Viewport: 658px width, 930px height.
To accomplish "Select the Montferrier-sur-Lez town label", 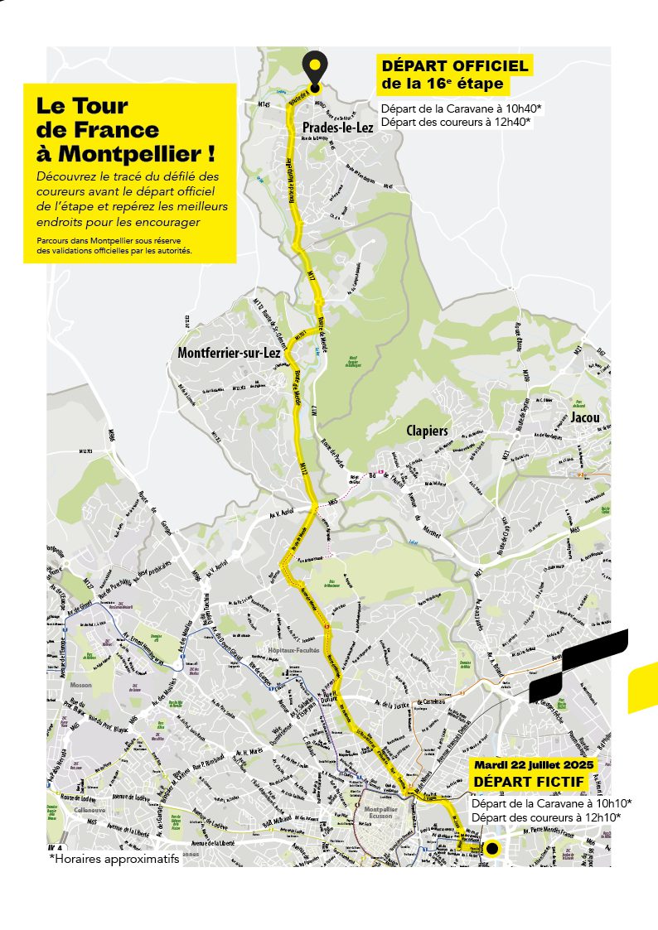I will coord(229,353).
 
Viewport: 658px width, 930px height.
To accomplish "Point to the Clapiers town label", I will coord(427,431).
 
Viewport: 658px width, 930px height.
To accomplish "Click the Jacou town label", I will coord(584,418).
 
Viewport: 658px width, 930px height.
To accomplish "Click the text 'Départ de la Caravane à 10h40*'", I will coord(462,108).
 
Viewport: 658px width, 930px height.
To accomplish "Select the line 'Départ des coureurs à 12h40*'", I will coord(456,122).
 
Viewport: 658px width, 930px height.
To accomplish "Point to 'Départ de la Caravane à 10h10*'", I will coord(551,803).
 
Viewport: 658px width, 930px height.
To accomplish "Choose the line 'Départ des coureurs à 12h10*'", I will coord(545,817).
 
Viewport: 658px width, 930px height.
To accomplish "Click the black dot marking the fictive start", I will coord(492,848).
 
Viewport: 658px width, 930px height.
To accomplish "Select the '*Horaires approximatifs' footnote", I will coord(114,859).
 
